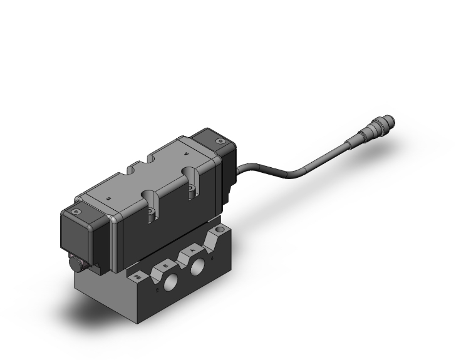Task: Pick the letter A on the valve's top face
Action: click(x=184, y=152)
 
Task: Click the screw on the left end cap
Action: click(x=76, y=213)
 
